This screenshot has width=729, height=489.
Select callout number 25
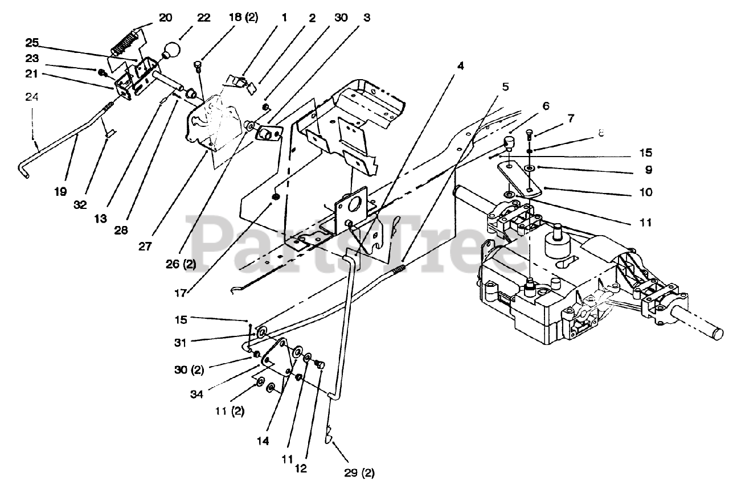click(x=32, y=43)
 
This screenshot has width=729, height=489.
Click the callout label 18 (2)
click(x=243, y=17)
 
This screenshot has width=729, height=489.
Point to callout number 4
click(x=460, y=66)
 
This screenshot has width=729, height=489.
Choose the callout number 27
click(x=145, y=247)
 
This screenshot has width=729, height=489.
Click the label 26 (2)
click(x=181, y=264)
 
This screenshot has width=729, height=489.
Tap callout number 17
click(x=181, y=293)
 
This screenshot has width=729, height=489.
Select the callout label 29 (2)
click(x=359, y=472)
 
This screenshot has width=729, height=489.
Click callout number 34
click(x=196, y=395)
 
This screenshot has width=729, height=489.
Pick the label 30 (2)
click(x=189, y=370)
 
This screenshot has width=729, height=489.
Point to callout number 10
click(x=646, y=192)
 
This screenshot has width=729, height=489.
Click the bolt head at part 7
click(x=529, y=133)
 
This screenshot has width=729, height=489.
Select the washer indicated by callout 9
click(x=530, y=168)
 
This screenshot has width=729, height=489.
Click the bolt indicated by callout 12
click(x=320, y=365)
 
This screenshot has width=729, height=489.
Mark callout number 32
click(x=80, y=204)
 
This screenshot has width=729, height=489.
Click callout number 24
click(x=32, y=97)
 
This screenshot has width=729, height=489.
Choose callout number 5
click(x=505, y=87)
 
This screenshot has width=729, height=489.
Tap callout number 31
click(x=180, y=343)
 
